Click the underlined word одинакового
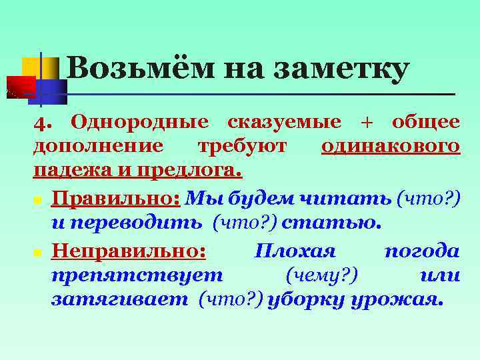coord(390,146)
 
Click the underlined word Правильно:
coord(117,198)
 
